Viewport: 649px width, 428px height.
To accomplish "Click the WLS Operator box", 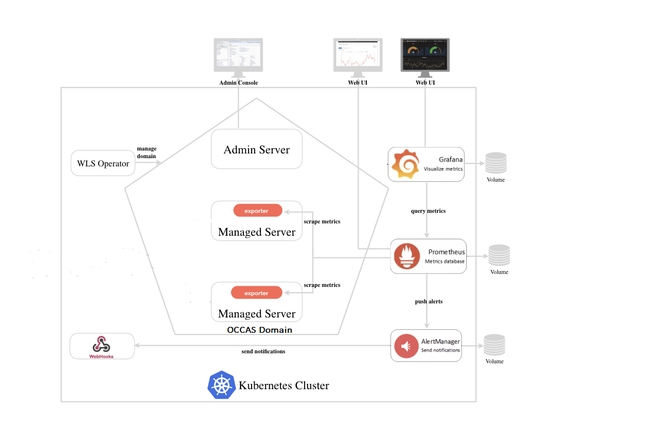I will tap(103, 163).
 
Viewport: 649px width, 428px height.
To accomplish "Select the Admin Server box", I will tap(256, 150).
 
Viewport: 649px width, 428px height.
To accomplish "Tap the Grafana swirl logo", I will tap(406, 164).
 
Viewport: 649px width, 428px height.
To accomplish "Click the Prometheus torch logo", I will tap(407, 256).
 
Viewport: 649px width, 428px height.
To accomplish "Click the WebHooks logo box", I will tap(102, 346).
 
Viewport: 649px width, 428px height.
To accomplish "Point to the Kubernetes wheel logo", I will tap(222, 386).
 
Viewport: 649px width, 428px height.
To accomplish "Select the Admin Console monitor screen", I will tap(238, 54).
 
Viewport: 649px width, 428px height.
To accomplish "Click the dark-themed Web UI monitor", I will tap(425, 54).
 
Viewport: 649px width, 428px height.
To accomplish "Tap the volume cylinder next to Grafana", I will tap(496, 163).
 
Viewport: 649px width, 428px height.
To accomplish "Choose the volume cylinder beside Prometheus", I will tap(499, 255).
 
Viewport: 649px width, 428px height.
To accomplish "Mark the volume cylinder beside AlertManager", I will tap(494, 345).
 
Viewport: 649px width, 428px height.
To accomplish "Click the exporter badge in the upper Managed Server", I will tap(257, 210).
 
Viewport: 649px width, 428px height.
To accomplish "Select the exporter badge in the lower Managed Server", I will tap(257, 293).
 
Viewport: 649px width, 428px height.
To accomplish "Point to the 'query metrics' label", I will tap(428, 211).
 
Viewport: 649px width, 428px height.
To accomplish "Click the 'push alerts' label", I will tap(429, 302).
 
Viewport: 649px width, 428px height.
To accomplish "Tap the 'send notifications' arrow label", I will tap(263, 352).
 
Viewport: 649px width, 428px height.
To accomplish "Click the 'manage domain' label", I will tap(146, 152).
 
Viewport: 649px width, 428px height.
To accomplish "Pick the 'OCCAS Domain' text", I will tap(259, 330).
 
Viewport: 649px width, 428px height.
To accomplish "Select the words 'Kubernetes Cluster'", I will tap(284, 386).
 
